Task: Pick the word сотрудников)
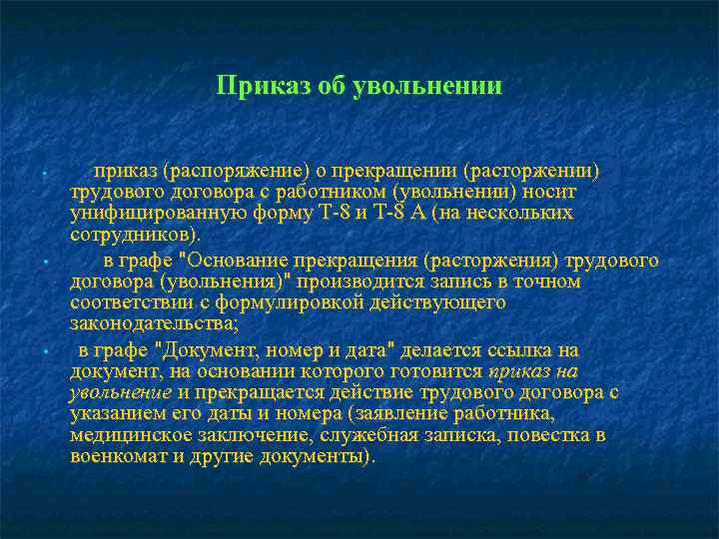coord(135,235)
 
